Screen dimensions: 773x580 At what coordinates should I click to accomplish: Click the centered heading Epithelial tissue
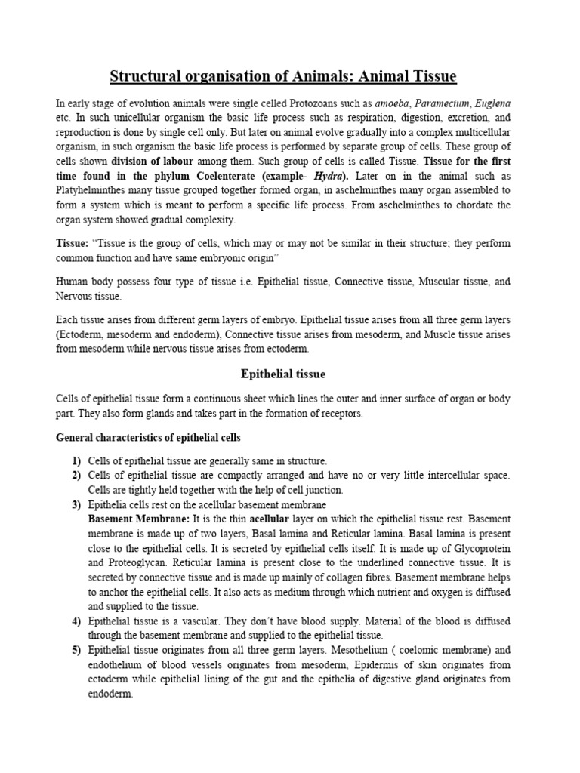pyautogui.click(x=283, y=374)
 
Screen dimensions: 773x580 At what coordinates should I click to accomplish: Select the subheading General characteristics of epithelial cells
pyautogui.click(x=149, y=437)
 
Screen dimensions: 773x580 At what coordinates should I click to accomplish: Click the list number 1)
pyautogui.click(x=76, y=460)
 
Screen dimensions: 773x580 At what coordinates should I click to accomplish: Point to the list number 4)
pyautogui.click(x=76, y=621)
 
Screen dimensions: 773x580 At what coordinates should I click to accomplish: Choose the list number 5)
pyautogui.click(x=76, y=650)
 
